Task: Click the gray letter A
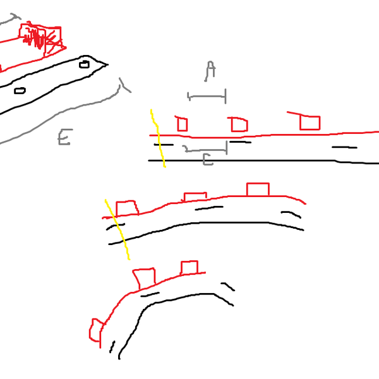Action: (210, 70)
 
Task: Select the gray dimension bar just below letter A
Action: (207, 97)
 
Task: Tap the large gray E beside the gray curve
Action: (64, 136)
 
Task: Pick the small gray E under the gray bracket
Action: (207, 160)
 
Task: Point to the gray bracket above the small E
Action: (205, 150)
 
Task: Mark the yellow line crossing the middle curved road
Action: (117, 229)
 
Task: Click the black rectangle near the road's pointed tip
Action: (84, 64)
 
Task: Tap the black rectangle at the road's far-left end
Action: (20, 90)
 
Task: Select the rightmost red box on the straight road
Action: (310, 123)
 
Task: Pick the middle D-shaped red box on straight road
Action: (239, 124)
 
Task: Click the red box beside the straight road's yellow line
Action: (182, 124)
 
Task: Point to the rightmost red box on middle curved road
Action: (257, 189)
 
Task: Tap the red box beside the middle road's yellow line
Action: (126, 208)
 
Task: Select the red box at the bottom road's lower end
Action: (96, 331)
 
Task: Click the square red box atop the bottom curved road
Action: (189, 268)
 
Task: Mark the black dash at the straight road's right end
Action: (344, 148)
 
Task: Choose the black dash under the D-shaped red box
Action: (239, 142)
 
